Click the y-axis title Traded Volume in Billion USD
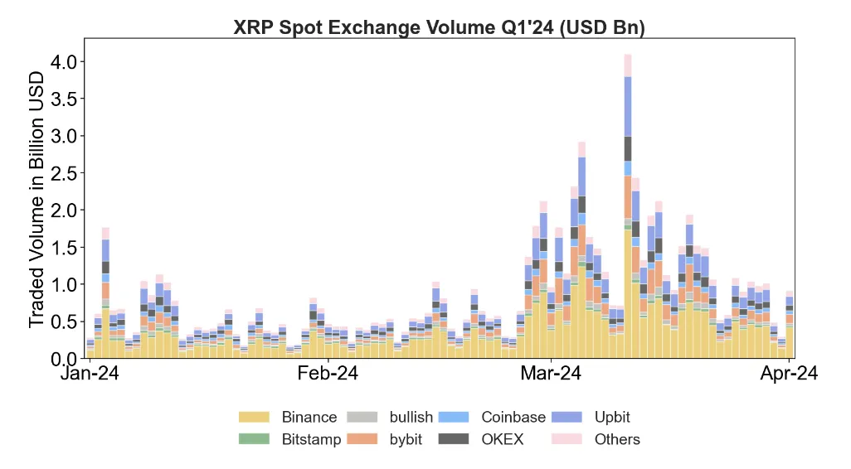[37, 199]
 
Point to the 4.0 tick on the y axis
[64, 62]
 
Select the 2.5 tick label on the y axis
[64, 173]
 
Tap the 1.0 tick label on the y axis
[64, 285]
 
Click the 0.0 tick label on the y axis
[64, 359]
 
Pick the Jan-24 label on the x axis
[90, 375]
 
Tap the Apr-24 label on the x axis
[789, 375]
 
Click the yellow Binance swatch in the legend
[255, 417]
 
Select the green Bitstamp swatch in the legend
[255, 439]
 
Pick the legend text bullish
[411, 417]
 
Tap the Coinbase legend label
[513, 417]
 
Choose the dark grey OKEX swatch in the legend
[455, 439]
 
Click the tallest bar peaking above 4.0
[628, 207]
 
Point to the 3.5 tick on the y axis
[64, 99]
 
